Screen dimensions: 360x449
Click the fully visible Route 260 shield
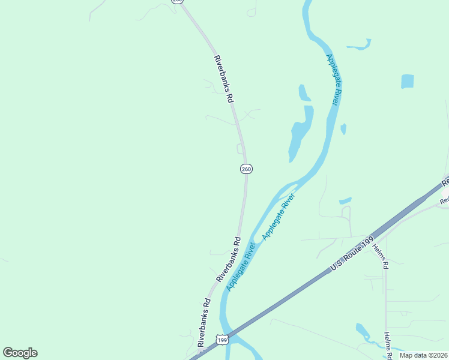click(246, 169)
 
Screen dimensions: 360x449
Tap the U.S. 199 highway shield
click(222, 340)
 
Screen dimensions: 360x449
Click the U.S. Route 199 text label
click(357, 248)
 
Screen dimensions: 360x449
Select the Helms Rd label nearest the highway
click(381, 256)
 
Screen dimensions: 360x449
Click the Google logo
click(20, 353)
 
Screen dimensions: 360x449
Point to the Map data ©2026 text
click(423, 355)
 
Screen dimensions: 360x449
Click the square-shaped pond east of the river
click(408, 81)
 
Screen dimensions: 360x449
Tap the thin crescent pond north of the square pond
click(359, 44)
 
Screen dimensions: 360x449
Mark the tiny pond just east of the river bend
click(343, 128)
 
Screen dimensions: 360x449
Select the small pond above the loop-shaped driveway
click(345, 201)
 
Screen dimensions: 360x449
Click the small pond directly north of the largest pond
click(304, 92)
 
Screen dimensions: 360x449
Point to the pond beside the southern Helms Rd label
click(364, 332)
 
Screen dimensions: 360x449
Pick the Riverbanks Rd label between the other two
click(228, 260)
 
